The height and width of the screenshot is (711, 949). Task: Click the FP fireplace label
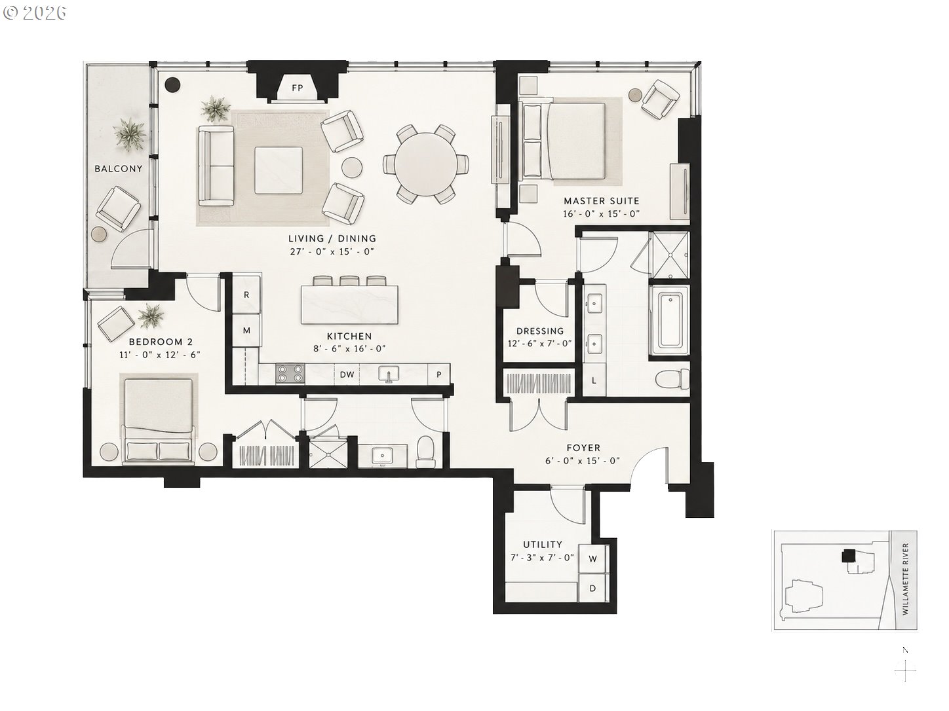[x=297, y=88]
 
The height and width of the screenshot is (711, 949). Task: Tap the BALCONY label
[x=119, y=169]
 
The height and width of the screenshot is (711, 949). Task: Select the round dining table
[x=426, y=164]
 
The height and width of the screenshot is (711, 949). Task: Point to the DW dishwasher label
[x=347, y=374]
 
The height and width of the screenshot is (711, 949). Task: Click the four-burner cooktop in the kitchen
[x=290, y=374]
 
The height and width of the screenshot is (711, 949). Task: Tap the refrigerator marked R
[x=246, y=295]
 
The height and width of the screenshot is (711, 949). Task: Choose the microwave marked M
[x=246, y=331]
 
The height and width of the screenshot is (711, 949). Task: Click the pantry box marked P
[x=439, y=374]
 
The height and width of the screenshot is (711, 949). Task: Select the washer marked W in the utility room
[x=592, y=558]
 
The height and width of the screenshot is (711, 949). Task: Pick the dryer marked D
[x=592, y=588]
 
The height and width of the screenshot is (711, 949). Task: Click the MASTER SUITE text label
[x=602, y=201]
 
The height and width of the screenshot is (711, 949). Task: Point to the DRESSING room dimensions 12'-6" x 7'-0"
[x=539, y=344]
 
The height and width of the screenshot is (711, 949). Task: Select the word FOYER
[x=583, y=448]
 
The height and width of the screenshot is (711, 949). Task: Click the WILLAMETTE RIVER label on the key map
[x=906, y=579]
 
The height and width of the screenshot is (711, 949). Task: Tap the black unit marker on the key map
[x=848, y=556]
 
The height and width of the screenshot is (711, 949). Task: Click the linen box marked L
[x=594, y=380]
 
